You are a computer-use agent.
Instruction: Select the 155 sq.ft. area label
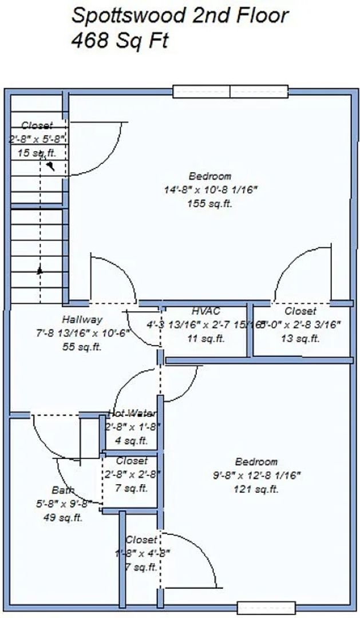pos(209,204)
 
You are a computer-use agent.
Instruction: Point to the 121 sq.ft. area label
pos(256,489)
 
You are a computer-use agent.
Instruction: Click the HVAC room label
pos(206,311)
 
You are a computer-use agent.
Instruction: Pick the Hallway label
pos(82,320)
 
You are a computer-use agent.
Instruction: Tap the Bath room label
pos(62,490)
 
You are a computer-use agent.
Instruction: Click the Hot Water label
pos(133,413)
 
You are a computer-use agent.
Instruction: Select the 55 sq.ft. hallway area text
pos(83,347)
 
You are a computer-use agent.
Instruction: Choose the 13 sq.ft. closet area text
pos(300,339)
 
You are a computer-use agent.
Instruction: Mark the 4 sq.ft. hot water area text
pos(132,441)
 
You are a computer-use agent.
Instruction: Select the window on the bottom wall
pos(267,608)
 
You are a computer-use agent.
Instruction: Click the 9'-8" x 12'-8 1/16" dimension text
pos(256,475)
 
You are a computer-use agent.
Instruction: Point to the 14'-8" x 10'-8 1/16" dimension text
pos(209,190)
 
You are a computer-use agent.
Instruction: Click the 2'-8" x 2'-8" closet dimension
pos(132,474)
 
